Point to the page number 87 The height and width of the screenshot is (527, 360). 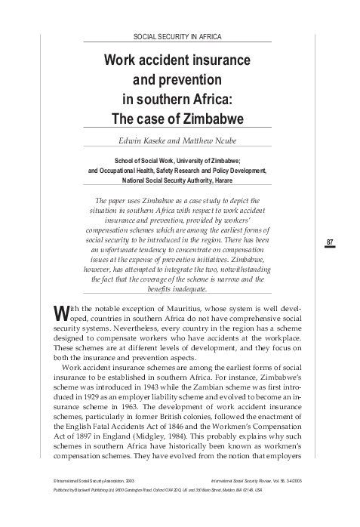coord(330,242)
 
